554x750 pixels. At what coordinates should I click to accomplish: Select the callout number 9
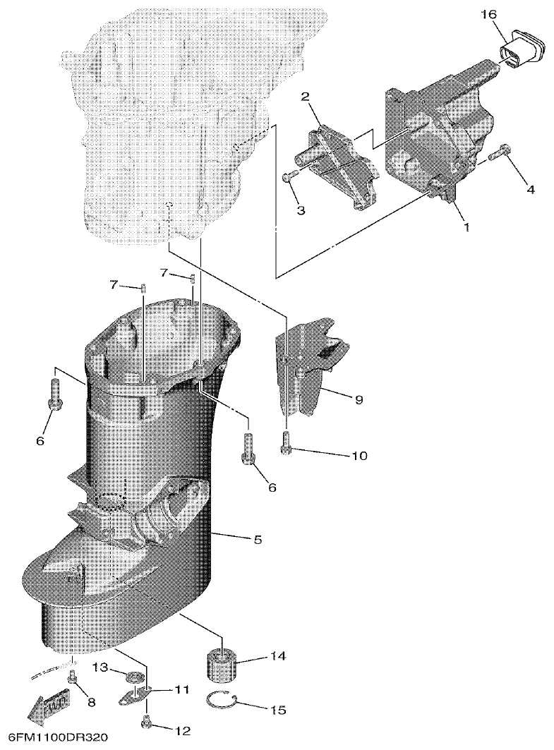(359, 399)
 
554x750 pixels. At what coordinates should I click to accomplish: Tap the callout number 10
(360, 456)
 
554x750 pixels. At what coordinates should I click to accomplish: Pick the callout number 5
(258, 540)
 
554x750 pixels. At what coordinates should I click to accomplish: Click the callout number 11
(182, 690)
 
